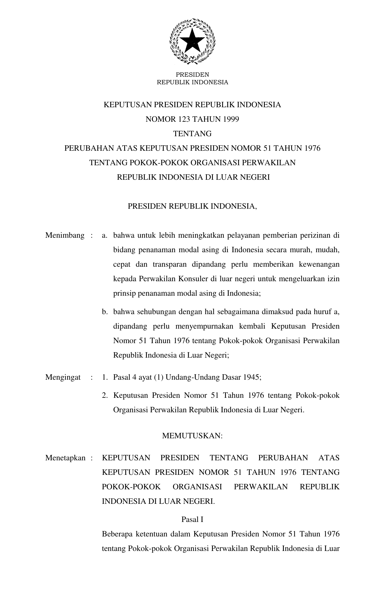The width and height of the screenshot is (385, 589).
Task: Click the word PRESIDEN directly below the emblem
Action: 192,75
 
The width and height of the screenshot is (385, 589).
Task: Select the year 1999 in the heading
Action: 231,119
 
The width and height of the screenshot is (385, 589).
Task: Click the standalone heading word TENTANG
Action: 192,134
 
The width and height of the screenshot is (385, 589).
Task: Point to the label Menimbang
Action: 65,236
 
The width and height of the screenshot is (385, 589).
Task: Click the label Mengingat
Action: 63,377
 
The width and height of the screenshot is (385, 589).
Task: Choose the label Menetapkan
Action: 66,458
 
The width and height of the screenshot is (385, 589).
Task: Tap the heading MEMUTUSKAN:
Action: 192,436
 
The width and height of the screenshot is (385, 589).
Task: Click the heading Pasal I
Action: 192,520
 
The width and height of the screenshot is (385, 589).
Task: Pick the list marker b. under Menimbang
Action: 105,312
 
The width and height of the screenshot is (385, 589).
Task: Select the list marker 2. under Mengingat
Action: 105,395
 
